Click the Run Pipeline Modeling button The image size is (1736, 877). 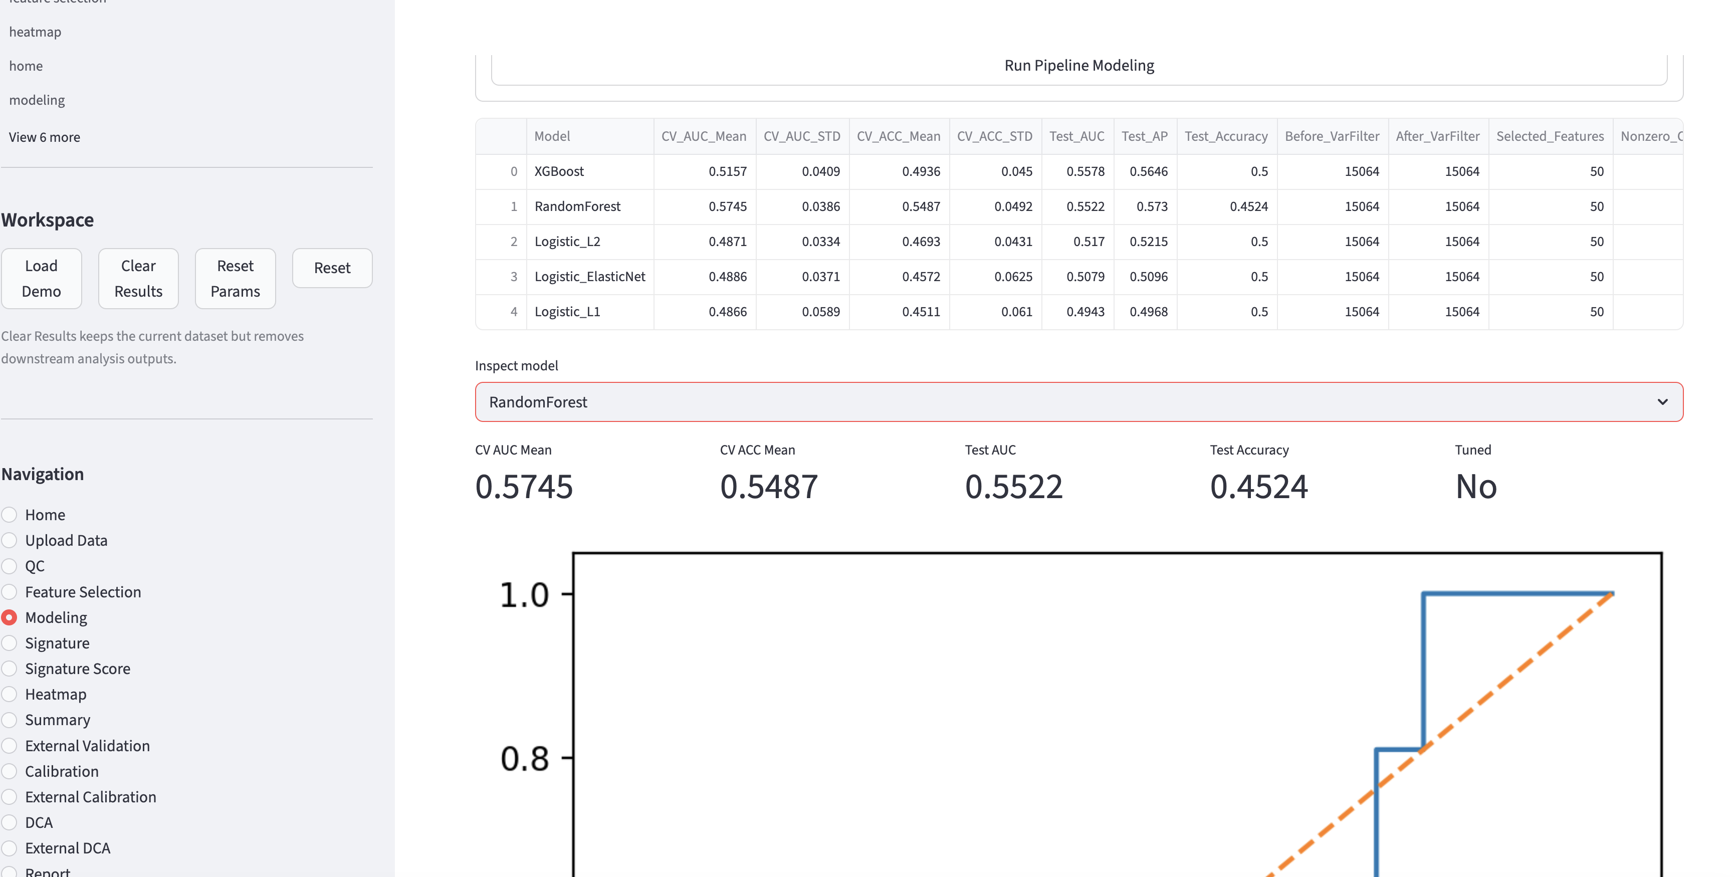click(x=1078, y=65)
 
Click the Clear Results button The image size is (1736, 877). click(x=138, y=279)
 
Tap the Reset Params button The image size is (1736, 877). click(x=235, y=279)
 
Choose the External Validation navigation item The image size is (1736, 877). click(x=87, y=746)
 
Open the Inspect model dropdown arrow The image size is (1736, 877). click(x=1662, y=402)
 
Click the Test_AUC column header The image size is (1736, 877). click(x=1076, y=136)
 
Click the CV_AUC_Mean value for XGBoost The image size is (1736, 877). click(x=727, y=171)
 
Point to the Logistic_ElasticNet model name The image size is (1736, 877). click(x=590, y=276)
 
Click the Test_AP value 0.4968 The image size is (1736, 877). click(x=1148, y=311)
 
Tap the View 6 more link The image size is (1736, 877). click(x=45, y=137)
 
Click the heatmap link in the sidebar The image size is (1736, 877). click(x=35, y=32)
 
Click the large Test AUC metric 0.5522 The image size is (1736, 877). click(x=1013, y=487)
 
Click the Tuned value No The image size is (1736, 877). click(x=1476, y=487)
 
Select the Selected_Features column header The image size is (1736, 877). click(x=1550, y=136)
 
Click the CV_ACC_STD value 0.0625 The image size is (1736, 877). click(x=1013, y=276)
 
